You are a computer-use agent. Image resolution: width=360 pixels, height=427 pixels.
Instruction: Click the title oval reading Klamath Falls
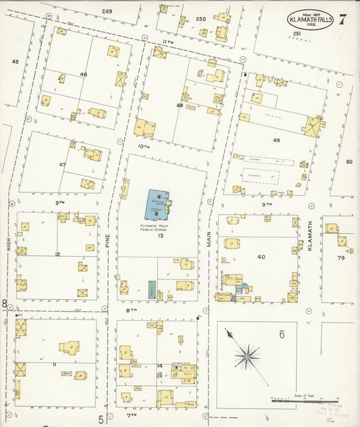(x=311, y=20)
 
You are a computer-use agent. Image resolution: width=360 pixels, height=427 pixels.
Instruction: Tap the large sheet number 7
(x=343, y=19)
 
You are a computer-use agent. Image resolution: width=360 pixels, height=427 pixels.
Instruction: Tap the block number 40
(x=261, y=257)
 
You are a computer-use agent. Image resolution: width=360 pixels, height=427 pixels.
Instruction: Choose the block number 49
(x=276, y=140)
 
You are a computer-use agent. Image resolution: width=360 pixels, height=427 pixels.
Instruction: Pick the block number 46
(x=84, y=74)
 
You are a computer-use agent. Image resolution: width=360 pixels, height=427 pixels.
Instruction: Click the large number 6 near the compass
(x=282, y=334)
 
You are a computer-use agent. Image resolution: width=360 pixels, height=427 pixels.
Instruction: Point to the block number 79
(x=341, y=258)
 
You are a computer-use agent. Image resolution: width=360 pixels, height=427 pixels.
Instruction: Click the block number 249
(x=107, y=11)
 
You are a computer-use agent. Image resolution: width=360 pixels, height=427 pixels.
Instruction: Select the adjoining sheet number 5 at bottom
(x=101, y=420)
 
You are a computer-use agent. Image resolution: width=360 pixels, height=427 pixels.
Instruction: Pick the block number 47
(x=63, y=164)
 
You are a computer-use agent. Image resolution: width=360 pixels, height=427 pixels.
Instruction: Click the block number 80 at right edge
(x=349, y=161)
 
